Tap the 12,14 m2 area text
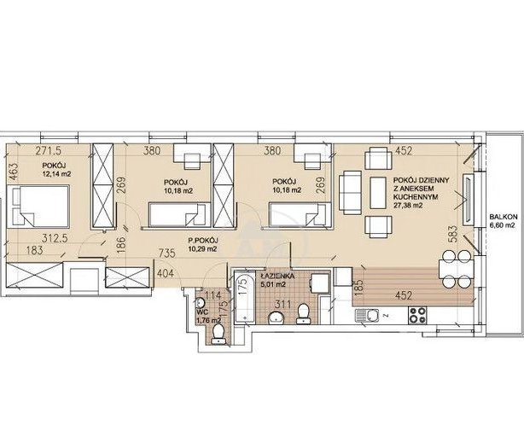[x=57, y=174]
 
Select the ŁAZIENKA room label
[x=277, y=277]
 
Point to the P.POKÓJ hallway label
[x=203, y=240]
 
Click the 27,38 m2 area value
[x=408, y=206]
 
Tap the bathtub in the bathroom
[x=245, y=298]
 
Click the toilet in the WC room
[x=218, y=335]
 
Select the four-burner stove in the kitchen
[x=418, y=315]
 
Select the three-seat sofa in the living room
[x=351, y=193]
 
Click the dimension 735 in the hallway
[x=166, y=253]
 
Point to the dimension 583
[x=452, y=236]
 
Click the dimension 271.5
[x=49, y=151]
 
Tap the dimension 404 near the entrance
[x=166, y=274]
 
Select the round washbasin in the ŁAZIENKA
[x=276, y=318]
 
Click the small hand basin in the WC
[x=200, y=303]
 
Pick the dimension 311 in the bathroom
[x=282, y=304]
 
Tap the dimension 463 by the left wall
[x=14, y=172]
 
